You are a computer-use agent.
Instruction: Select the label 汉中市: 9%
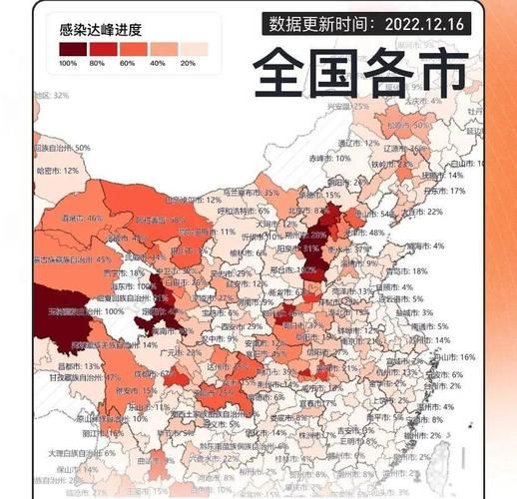(x=214, y=339)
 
